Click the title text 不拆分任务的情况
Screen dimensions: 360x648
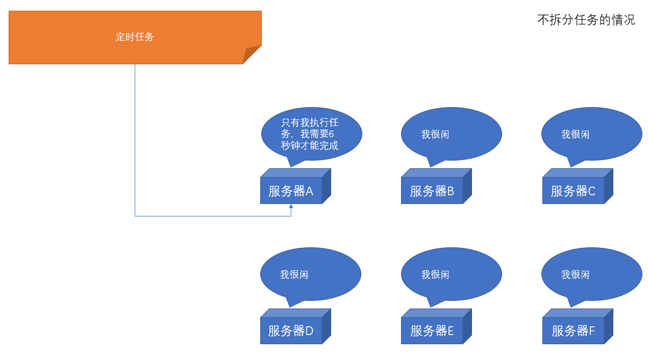pyautogui.click(x=586, y=20)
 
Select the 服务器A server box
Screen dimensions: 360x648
pyautogui.click(x=291, y=191)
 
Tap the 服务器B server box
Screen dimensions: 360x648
pyautogui.click(x=432, y=191)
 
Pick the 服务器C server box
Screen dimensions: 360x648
pyautogui.click(x=573, y=191)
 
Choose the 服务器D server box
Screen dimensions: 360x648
pyautogui.click(x=291, y=331)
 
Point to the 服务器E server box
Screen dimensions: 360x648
pyautogui.click(x=432, y=331)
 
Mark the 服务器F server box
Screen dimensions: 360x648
pyautogui.click(x=573, y=331)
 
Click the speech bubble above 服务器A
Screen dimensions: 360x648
pyautogui.click(x=311, y=134)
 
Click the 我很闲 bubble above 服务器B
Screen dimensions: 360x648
pyautogui.click(x=452, y=134)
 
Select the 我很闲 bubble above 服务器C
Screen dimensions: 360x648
pyautogui.click(x=592, y=134)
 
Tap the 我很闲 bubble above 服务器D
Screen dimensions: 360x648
pyautogui.click(x=311, y=274)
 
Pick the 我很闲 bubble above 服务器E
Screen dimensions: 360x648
pyautogui.click(x=452, y=274)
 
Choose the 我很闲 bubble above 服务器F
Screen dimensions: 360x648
pyautogui.click(x=592, y=274)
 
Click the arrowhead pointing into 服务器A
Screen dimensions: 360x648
pyautogui.click(x=291, y=207)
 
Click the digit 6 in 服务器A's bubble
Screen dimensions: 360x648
pyautogui.click(x=331, y=134)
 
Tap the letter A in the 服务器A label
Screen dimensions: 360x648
pyautogui.click(x=309, y=191)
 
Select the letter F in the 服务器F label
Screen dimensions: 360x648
pyautogui.click(x=591, y=331)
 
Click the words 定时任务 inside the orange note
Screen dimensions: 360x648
pyautogui.click(x=135, y=37)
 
